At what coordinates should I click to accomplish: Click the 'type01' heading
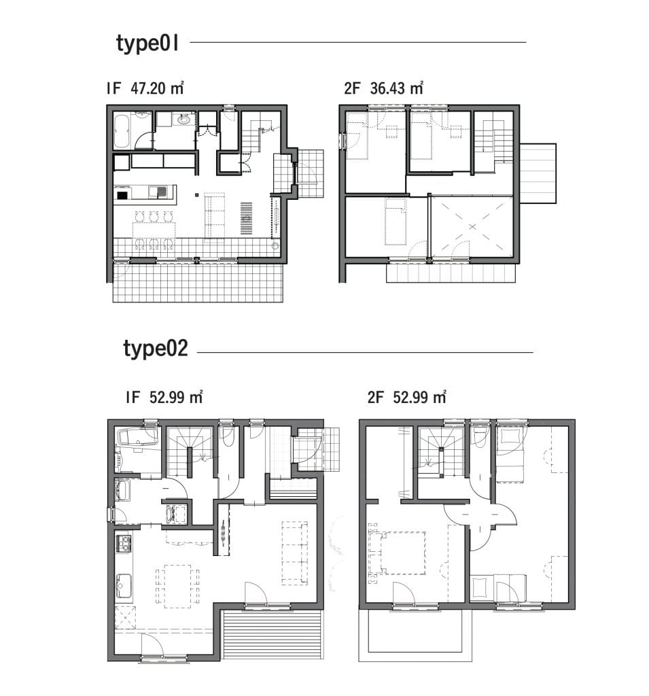(147, 43)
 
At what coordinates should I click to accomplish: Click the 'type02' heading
(156, 349)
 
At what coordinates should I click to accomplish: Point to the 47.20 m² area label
(157, 88)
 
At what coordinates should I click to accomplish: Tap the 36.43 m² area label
(396, 88)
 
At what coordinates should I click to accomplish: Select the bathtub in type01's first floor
(122, 131)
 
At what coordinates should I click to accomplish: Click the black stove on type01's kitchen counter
(122, 194)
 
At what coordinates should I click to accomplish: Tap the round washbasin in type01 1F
(183, 119)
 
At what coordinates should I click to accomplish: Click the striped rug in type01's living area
(247, 218)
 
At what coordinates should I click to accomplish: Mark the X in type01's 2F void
(472, 227)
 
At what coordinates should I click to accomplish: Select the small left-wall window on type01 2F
(343, 141)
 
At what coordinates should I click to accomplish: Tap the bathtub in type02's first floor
(137, 437)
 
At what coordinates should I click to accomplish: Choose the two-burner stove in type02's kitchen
(124, 543)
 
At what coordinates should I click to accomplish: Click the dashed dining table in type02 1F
(177, 586)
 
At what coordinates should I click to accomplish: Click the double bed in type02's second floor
(398, 553)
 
